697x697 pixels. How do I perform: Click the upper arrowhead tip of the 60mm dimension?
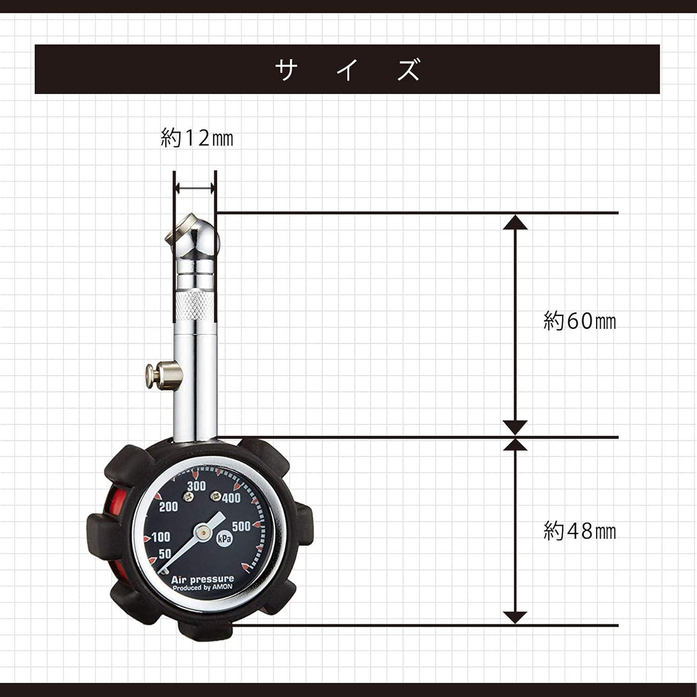pos(515,215)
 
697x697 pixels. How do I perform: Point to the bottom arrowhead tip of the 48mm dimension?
pos(515,624)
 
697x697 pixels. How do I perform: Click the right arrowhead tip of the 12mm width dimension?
pos(215,188)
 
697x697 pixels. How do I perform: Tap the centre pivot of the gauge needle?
pos(203,530)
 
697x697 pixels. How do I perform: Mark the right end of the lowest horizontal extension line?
pos(618,625)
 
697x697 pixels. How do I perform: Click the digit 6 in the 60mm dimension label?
pos(573,321)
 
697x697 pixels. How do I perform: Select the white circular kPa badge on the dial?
pos(224,538)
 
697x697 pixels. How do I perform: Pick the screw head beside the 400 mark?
pos(215,497)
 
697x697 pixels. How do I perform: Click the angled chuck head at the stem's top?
pos(192,237)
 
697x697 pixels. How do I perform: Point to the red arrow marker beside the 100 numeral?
pos(147,539)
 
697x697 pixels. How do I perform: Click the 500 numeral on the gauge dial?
pos(241,526)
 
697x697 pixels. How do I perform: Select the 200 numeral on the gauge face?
pos(168,506)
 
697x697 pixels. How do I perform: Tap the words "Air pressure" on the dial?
pos(203,579)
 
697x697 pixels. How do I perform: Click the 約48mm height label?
pos(579,531)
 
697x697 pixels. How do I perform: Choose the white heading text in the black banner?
pos(347,70)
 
